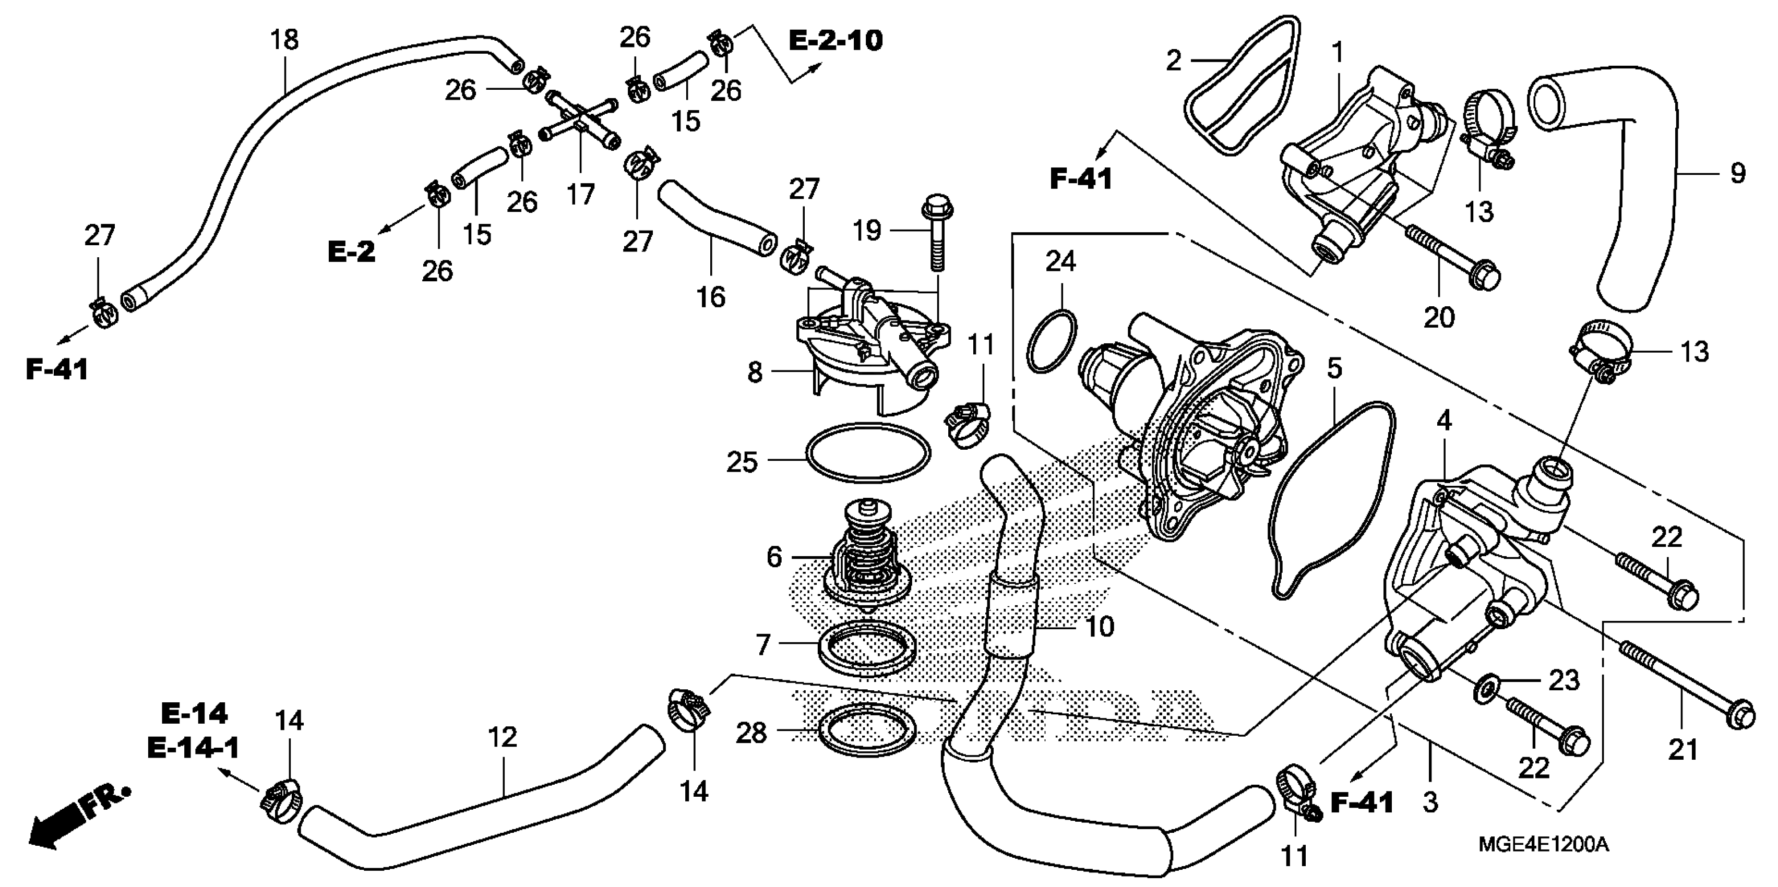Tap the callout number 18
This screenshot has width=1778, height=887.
tap(284, 40)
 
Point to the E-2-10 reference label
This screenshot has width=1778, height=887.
tap(835, 41)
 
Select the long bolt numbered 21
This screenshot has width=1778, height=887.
tap(1684, 684)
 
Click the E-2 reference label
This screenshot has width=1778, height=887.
tap(351, 252)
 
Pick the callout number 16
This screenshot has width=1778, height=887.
tap(711, 297)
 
